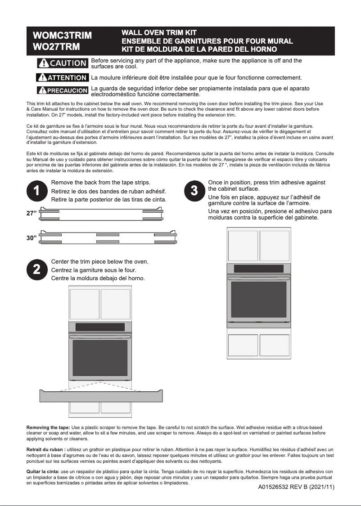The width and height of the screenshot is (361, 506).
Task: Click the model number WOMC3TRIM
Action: coord(62,35)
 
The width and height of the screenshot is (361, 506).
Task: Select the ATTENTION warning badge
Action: coord(62,78)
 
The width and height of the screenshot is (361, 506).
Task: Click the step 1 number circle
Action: coord(37,191)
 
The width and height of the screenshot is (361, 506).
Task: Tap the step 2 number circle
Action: coord(37,269)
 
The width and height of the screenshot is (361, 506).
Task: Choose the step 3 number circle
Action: coord(194,191)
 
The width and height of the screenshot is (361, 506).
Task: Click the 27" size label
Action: coord(32,214)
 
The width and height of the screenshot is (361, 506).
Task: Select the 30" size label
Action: coord(32,238)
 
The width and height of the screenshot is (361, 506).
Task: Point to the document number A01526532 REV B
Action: coord(296,487)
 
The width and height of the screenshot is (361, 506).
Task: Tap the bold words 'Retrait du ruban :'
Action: coord(46,449)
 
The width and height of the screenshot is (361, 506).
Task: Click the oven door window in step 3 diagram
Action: coord(258,300)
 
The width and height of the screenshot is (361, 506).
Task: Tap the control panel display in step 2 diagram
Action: coord(100,327)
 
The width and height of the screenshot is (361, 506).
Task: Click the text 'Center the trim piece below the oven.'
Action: coord(100,262)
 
